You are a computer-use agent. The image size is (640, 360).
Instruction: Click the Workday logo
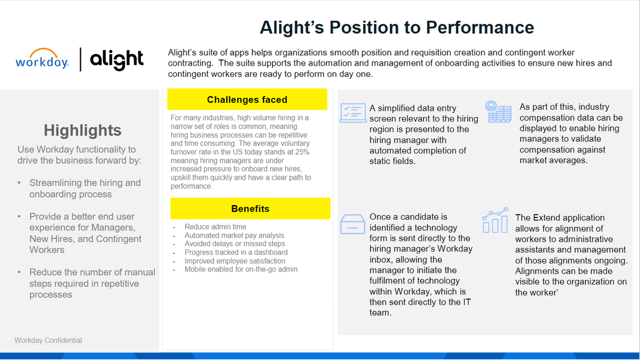point(42,59)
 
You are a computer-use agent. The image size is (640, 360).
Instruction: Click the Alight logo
point(116,59)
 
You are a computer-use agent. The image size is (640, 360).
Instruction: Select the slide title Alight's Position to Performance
point(396,27)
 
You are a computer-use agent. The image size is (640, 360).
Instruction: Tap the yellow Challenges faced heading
point(247,99)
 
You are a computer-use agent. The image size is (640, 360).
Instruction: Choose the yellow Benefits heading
point(250,208)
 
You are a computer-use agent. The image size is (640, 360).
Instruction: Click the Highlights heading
point(83,130)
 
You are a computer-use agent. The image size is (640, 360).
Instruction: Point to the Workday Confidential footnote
point(48,340)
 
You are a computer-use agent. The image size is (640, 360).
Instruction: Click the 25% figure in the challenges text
point(301,151)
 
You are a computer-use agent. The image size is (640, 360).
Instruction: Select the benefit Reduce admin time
point(215,227)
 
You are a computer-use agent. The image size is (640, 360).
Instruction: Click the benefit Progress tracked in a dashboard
point(236,252)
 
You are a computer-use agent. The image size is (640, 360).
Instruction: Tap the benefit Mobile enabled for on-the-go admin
point(241,269)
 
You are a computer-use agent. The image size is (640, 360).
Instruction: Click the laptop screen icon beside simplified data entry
point(353,113)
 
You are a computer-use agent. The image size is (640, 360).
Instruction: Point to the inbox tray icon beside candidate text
point(353,224)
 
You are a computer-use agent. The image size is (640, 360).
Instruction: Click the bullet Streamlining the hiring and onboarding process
point(85,188)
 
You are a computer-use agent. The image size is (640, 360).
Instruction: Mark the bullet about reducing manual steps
point(92,283)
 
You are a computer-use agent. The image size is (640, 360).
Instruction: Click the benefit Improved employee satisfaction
point(235,261)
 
